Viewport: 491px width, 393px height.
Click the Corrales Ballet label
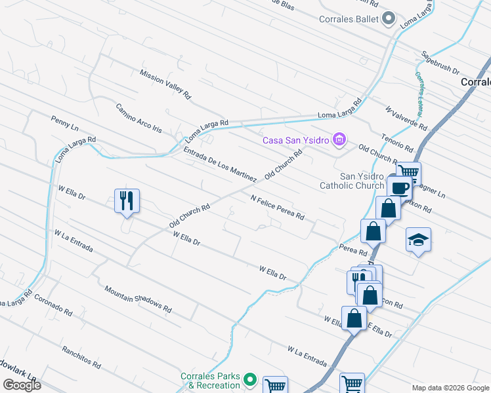[x=349, y=19]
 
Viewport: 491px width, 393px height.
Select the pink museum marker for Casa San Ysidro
[x=339, y=139]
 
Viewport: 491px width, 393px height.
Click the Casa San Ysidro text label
[x=296, y=140]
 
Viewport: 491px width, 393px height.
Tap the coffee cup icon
[x=400, y=188]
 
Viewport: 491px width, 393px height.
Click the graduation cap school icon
[x=418, y=240]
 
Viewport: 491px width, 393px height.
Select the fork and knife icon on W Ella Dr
[x=127, y=200]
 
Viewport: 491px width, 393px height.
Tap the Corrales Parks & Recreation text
[x=211, y=381]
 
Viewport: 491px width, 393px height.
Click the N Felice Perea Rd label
[x=278, y=206]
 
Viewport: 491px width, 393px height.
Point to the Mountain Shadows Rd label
[x=138, y=299]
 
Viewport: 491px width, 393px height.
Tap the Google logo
[x=22, y=384]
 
